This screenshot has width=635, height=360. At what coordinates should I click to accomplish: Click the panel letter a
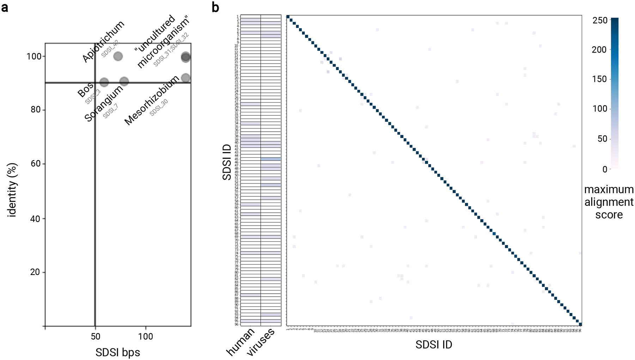pyautogui.click(x=5, y=7)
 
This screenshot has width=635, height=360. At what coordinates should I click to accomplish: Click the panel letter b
pyautogui.click(x=215, y=7)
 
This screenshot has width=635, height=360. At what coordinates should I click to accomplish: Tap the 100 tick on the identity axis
pyautogui.click(x=34, y=56)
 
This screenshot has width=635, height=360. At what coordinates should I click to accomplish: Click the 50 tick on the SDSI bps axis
pyautogui.click(x=95, y=336)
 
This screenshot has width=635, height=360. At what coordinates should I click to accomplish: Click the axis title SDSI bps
pyautogui.click(x=117, y=352)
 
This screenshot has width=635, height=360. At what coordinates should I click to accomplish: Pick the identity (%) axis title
pyautogui.click(x=12, y=190)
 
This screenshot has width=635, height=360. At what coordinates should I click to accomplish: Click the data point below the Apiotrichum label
pyautogui.click(x=118, y=56)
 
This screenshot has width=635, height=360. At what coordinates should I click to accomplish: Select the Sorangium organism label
pyautogui.click(x=104, y=103)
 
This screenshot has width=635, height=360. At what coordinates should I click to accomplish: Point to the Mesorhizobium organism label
pyautogui.click(x=152, y=101)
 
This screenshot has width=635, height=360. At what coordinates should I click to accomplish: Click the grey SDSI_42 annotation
pyautogui.click(x=110, y=49)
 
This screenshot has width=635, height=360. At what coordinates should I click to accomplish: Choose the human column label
pyautogui.click(x=241, y=342)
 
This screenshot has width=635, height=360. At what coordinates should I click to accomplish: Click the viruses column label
pyautogui.click(x=261, y=342)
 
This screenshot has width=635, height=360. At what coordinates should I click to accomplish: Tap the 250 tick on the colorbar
pyautogui.click(x=600, y=20)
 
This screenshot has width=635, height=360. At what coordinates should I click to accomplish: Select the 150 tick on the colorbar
pyautogui.click(x=600, y=79)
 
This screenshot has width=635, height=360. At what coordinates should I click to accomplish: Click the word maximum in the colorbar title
pyautogui.click(x=609, y=190)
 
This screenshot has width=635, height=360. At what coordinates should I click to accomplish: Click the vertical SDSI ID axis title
pyautogui.click(x=227, y=162)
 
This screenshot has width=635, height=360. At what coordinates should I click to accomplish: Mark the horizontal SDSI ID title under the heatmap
pyautogui.click(x=434, y=345)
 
